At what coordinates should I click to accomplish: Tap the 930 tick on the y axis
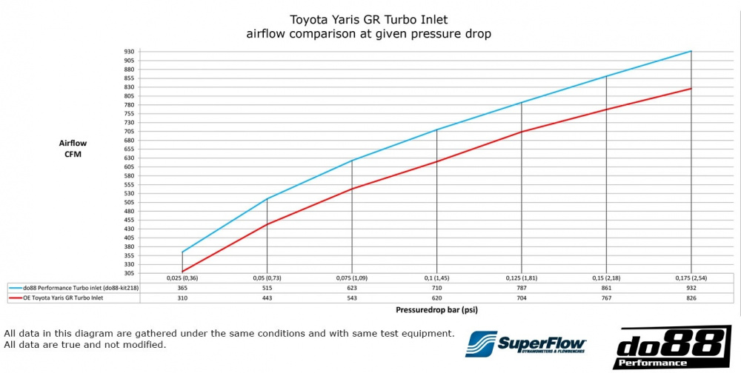point(129,51)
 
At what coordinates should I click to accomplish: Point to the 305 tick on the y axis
point(129,273)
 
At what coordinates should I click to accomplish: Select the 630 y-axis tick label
point(129,158)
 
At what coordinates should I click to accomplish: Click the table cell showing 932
point(691,287)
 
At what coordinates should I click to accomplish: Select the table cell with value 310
point(182,298)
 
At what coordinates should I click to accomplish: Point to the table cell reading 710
point(436,287)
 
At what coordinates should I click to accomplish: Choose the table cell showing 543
point(352,298)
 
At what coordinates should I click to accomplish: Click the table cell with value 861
point(606,287)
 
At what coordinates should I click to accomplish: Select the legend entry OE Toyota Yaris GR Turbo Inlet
point(67,298)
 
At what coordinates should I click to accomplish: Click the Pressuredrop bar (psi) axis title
point(437,312)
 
